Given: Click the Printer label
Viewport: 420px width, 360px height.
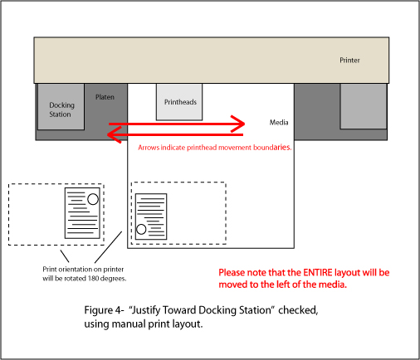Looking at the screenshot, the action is pos(349,61).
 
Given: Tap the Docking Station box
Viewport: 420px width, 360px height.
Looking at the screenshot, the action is pos(61,107).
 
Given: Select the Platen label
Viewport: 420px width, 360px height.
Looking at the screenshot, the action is pos(105,97).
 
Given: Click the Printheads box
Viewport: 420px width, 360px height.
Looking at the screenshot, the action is pos(179,102).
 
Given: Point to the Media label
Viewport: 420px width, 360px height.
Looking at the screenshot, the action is pos(279,122).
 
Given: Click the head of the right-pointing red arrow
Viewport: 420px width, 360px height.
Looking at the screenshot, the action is pos(238,124).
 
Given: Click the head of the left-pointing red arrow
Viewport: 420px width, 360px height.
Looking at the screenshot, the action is pos(114,134).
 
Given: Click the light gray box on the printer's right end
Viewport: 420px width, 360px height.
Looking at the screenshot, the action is pos(364,106).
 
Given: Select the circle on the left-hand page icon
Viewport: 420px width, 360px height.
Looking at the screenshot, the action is pos(93,199).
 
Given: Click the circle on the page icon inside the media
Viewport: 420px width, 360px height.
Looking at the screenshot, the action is pos(141,229).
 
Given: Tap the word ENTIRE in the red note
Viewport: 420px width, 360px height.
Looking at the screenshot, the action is pos(318,273).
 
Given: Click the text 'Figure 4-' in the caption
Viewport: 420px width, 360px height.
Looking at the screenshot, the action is pos(104,310).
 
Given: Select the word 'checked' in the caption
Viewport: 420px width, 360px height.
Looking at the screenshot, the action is pos(298,310).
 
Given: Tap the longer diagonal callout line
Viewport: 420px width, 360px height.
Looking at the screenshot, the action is pos(108,247).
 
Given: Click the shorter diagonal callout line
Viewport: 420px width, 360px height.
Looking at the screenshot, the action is pos(65,256).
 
